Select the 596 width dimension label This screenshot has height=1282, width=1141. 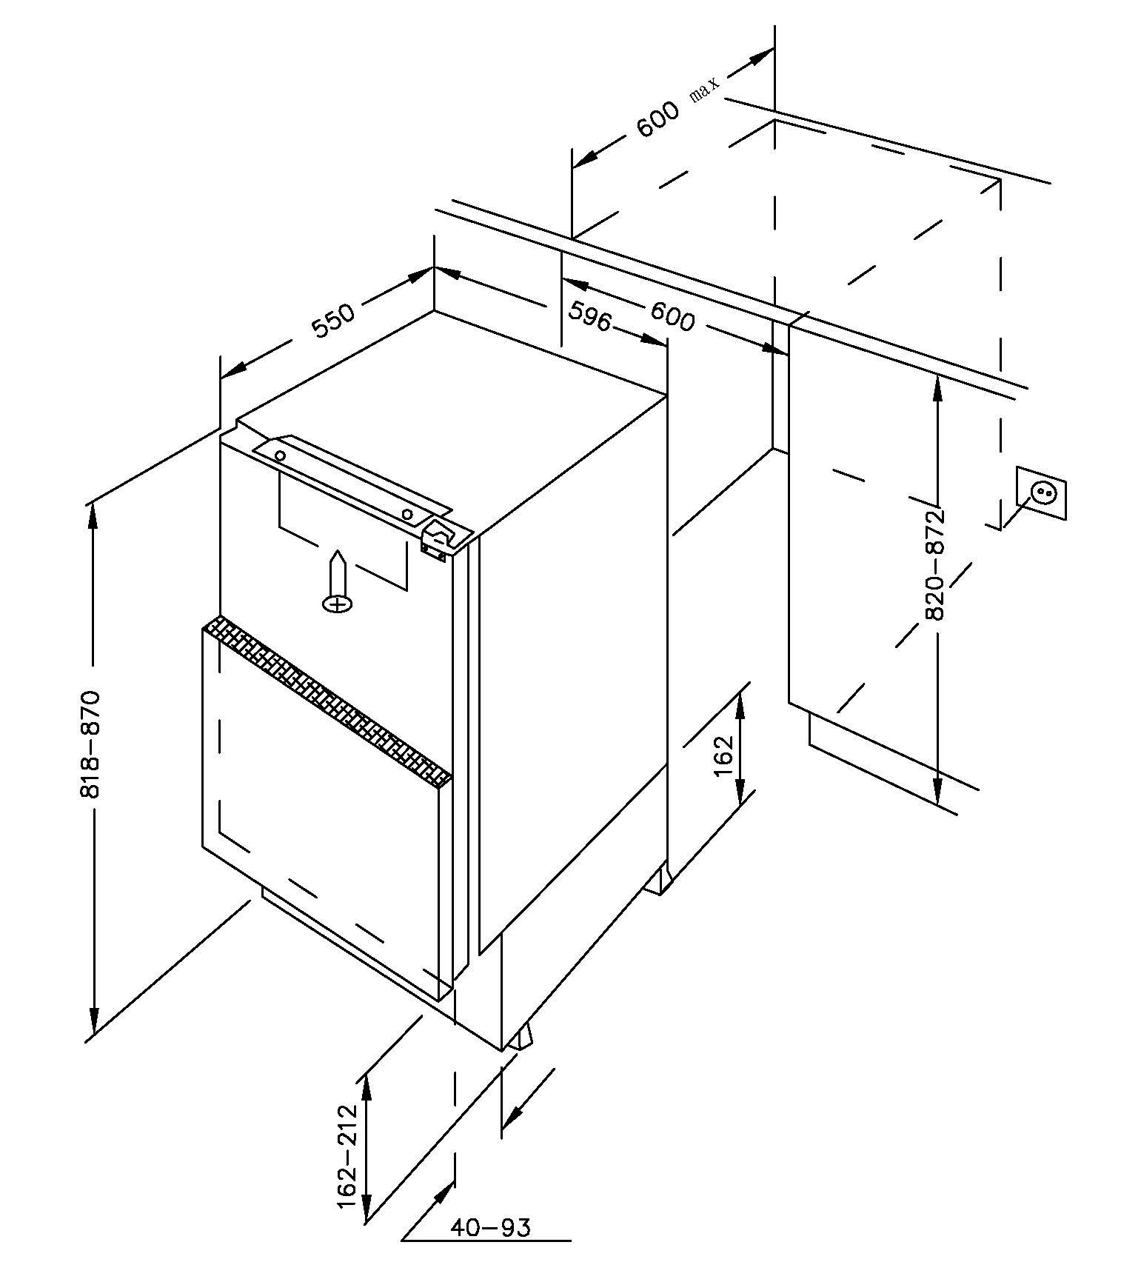[589, 317]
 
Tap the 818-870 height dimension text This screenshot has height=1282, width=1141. [90, 744]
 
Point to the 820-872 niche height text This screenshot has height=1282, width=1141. [936, 564]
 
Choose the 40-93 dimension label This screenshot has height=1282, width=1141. [490, 1228]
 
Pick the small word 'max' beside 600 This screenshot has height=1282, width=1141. [704, 91]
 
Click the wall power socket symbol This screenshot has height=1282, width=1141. [1041, 492]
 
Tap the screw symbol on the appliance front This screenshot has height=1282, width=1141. [338, 584]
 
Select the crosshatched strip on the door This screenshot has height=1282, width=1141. [326, 697]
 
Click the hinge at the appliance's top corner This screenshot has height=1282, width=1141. [438, 539]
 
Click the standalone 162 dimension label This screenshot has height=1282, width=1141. [723, 756]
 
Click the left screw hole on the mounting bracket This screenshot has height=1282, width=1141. [281, 455]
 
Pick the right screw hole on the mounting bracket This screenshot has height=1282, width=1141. [407, 514]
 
